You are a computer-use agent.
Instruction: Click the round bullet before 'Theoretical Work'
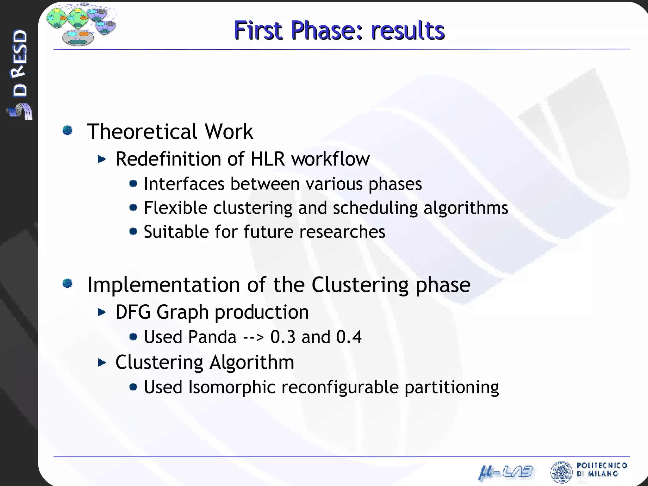(67, 130)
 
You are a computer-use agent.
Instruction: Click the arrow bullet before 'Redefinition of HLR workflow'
(102, 159)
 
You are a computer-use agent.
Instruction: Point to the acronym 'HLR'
(267, 159)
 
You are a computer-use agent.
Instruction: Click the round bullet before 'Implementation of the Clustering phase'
(67, 283)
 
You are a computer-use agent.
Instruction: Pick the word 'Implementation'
(164, 285)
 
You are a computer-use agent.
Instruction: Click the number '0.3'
(283, 337)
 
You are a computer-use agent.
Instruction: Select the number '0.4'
(349, 337)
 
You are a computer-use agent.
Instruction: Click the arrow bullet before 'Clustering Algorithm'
(102, 362)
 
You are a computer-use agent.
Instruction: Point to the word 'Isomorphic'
(232, 387)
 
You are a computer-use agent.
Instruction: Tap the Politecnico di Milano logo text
(601, 470)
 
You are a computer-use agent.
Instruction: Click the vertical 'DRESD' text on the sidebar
(20, 63)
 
